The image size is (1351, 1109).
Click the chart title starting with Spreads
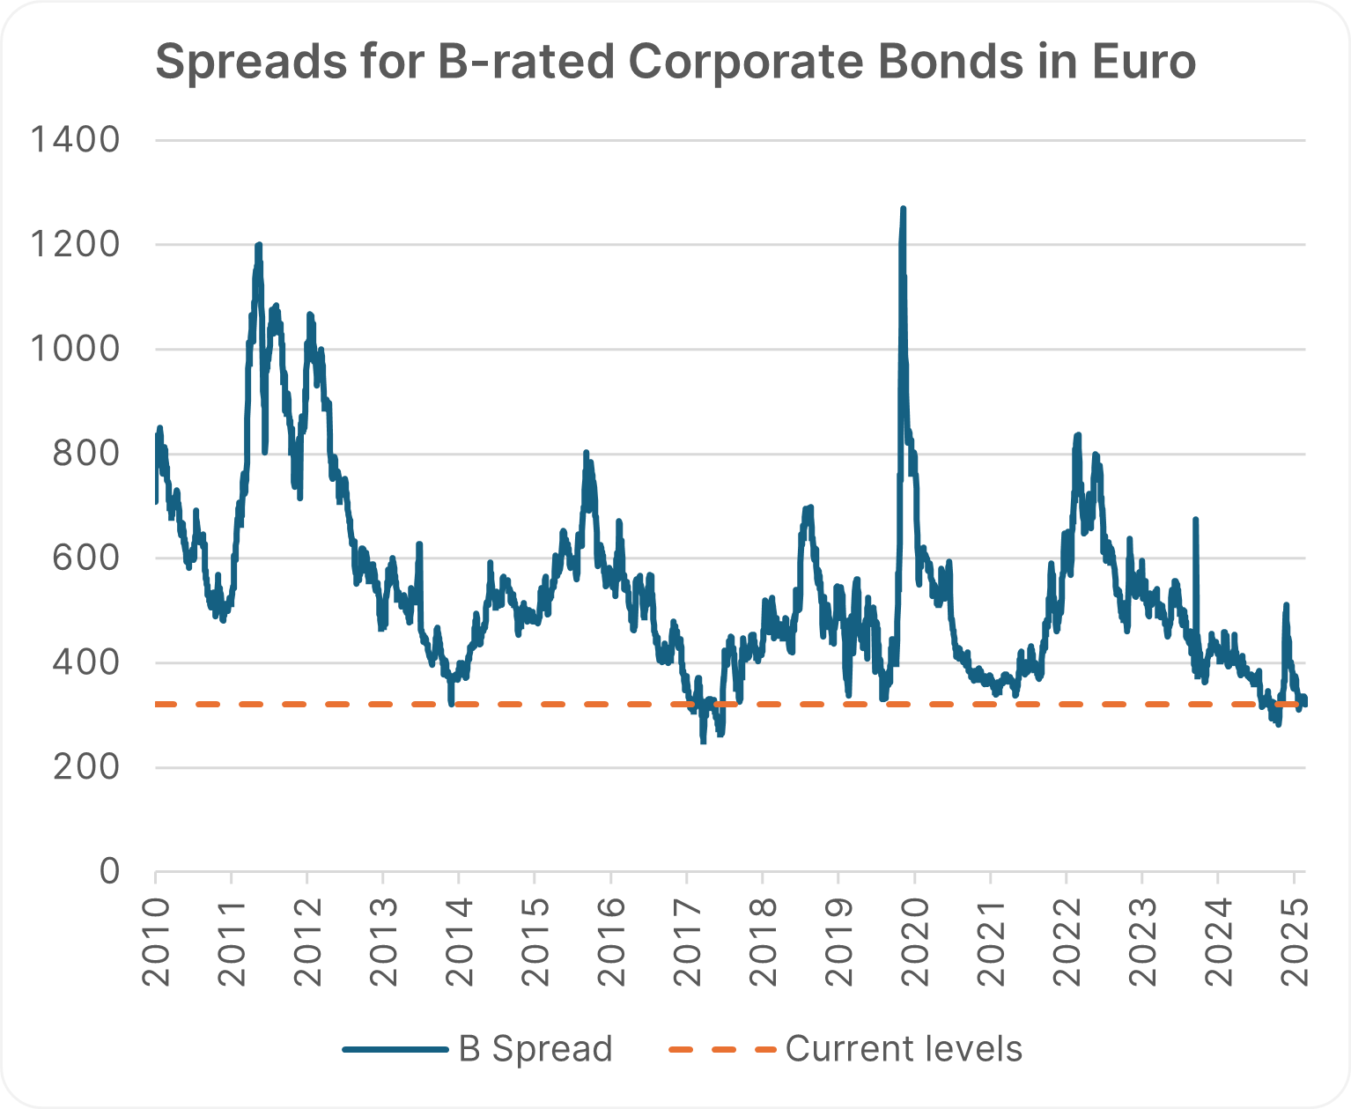[675, 63]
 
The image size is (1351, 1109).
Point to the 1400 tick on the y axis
[74, 139]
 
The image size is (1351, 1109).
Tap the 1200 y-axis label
[74, 244]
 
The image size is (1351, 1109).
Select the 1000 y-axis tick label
[74, 349]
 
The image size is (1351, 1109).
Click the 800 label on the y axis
[85, 454]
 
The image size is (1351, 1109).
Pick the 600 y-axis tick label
[85, 558]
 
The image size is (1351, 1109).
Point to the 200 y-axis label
[85, 767]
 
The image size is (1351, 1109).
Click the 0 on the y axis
[108, 871]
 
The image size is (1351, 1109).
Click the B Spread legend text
[535, 1049]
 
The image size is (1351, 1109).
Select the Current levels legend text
[904, 1049]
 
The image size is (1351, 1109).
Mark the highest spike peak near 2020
[903, 210]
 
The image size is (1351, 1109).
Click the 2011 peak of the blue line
[258, 245]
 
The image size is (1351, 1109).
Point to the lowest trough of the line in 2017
[703, 742]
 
